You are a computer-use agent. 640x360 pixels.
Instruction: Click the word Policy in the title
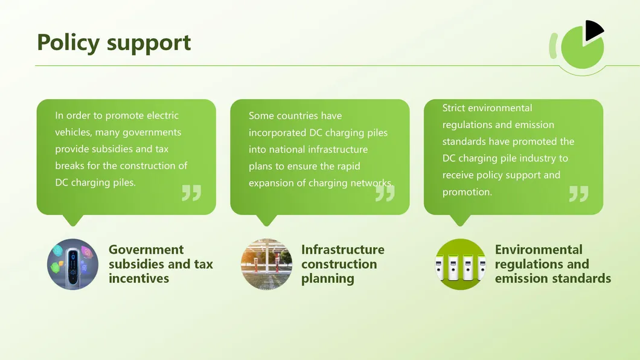pyautogui.click(x=68, y=42)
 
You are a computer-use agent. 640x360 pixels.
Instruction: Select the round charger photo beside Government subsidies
pyautogui.click(x=72, y=264)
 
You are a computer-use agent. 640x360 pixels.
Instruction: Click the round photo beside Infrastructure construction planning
pyautogui.click(x=266, y=264)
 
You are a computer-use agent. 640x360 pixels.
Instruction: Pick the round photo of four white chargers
pyautogui.click(x=461, y=264)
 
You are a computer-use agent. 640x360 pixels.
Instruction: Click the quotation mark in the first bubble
pyautogui.click(x=191, y=193)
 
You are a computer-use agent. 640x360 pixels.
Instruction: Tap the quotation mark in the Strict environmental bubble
pyautogui.click(x=579, y=193)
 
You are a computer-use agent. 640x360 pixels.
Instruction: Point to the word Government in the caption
pyautogui.click(x=146, y=249)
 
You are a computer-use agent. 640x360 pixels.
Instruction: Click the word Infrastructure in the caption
pyautogui.click(x=343, y=249)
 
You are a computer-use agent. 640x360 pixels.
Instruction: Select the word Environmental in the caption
pyautogui.click(x=539, y=249)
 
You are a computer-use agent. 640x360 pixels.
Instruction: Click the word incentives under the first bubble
pyautogui.click(x=139, y=278)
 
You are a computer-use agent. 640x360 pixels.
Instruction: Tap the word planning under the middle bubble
pyautogui.click(x=328, y=279)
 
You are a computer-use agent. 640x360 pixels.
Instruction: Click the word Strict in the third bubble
pyautogui.click(x=453, y=108)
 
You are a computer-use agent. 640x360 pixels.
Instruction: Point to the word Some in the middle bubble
pyautogui.click(x=261, y=115)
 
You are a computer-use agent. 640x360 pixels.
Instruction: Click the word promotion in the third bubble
pyautogui.click(x=467, y=192)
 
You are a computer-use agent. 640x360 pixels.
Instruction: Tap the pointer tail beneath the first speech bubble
pyautogui.click(x=74, y=220)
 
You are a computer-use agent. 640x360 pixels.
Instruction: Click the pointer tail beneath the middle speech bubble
pyautogui.click(x=267, y=220)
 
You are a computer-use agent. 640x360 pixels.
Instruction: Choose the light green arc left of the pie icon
pyautogui.click(x=552, y=46)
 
